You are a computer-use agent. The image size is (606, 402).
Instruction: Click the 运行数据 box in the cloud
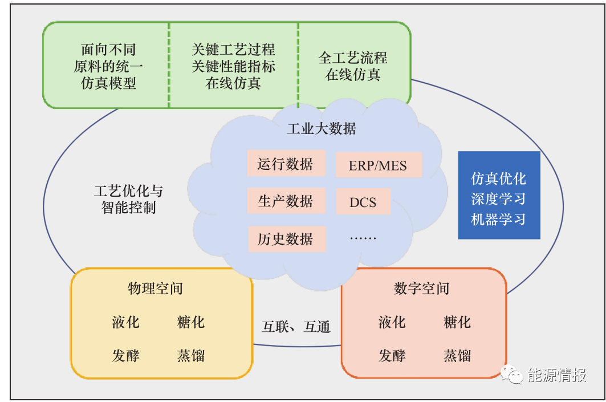[x=286, y=164]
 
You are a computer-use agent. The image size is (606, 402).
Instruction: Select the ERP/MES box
[x=379, y=165]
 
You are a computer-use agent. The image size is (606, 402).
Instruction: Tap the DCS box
[x=363, y=202]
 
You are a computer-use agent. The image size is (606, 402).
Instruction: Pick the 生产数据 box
[x=286, y=201]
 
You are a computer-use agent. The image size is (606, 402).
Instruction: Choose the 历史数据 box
[x=286, y=239]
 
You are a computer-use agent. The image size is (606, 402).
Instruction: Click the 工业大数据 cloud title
[x=321, y=129]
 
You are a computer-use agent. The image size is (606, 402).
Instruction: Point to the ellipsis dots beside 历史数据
[x=363, y=238]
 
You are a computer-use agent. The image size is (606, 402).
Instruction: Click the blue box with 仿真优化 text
[x=499, y=195]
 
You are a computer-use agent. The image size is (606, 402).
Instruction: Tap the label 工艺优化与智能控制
[x=128, y=199]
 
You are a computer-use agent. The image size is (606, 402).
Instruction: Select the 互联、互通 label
[x=296, y=327]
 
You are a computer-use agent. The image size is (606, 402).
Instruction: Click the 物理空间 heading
[x=155, y=289]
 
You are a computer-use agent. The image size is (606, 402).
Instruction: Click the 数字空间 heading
[x=421, y=289]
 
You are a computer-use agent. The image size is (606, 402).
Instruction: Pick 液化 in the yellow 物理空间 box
[x=125, y=322]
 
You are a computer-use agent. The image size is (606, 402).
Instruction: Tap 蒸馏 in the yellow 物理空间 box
[x=190, y=356]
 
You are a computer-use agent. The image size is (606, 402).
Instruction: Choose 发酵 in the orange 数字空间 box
[x=392, y=356]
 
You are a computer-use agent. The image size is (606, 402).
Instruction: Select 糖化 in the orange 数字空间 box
[x=457, y=322]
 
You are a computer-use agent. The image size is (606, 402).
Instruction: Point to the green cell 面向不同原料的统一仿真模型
[x=106, y=65]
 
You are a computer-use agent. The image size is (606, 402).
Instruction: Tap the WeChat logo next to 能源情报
[x=511, y=374]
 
